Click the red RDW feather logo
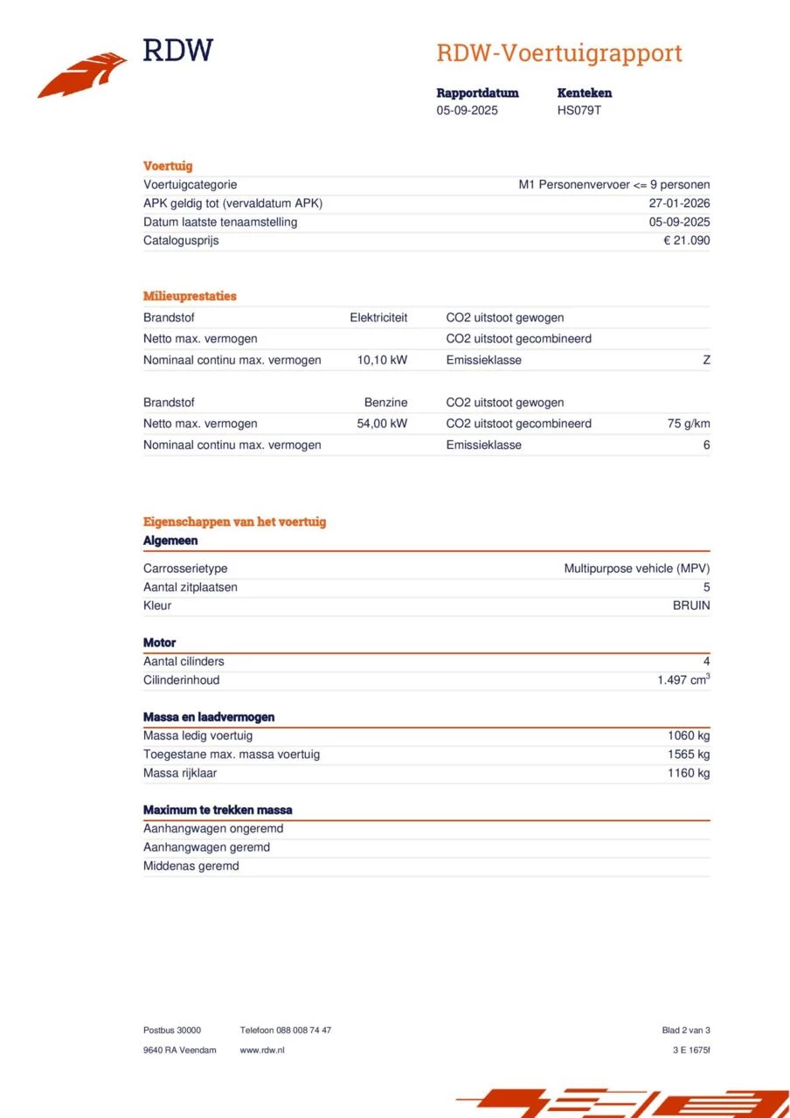[82, 75]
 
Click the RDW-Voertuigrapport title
[558, 53]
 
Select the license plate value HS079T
[579, 111]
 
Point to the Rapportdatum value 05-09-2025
[468, 111]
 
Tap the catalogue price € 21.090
[687, 240]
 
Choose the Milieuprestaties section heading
[190, 296]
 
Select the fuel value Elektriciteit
[378, 318]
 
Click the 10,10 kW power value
[382, 360]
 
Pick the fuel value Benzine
[385, 403]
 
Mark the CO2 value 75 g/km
[689, 424]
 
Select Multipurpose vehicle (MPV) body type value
[637, 569]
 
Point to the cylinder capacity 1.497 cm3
[683, 680]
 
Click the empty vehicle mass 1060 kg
[689, 735]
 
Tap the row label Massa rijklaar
[180, 773]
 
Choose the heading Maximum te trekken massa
[218, 811]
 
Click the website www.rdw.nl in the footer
[262, 1050]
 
